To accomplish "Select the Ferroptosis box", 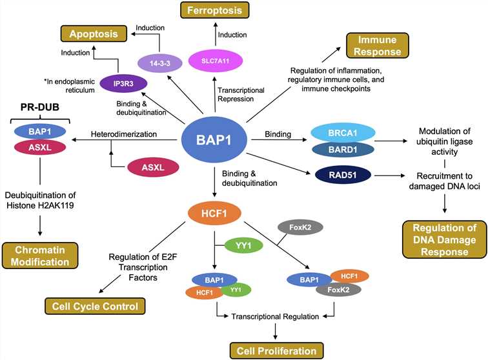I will [214, 10].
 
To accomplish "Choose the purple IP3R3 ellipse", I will [125, 83].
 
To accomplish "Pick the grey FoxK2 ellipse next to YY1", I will [301, 227].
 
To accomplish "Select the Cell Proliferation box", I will [274, 350].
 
